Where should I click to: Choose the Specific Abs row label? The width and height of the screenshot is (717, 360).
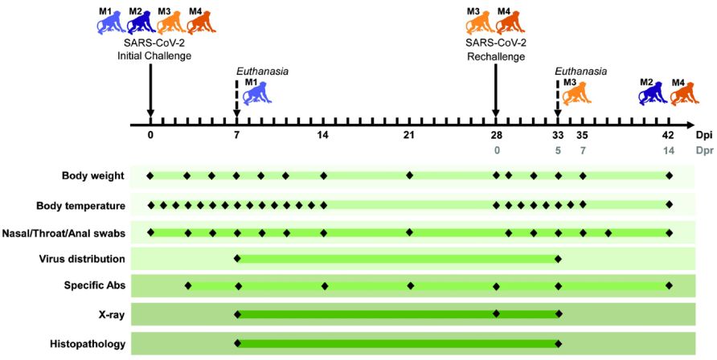(94, 285)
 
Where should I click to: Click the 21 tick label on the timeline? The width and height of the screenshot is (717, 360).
(409, 135)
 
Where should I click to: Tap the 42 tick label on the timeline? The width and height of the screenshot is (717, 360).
(668, 135)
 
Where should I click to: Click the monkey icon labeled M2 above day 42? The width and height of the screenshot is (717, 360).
(649, 92)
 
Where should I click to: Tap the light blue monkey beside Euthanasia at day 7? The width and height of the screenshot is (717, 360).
(256, 93)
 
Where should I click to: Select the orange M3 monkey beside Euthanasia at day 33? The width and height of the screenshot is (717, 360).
(576, 92)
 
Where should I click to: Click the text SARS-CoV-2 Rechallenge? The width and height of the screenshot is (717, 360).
(496, 50)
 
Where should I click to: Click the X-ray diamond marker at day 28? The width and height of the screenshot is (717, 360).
(496, 313)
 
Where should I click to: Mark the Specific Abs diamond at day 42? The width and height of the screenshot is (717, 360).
(669, 286)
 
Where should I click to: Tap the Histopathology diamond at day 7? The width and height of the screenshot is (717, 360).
(237, 344)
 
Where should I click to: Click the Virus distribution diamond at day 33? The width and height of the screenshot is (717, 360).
(558, 259)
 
